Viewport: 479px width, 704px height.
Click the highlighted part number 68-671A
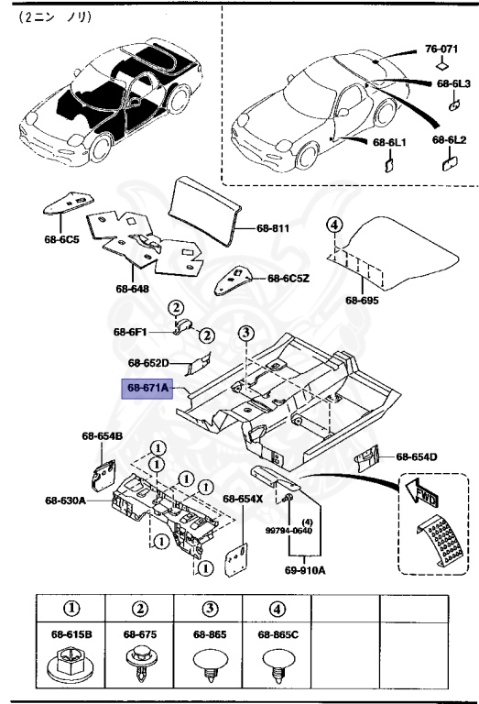(x=147, y=389)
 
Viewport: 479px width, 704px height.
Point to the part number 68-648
(x=132, y=290)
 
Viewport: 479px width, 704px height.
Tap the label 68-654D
(x=416, y=456)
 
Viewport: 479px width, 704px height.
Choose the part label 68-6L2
(x=450, y=141)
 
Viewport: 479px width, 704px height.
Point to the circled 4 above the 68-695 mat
(x=334, y=225)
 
